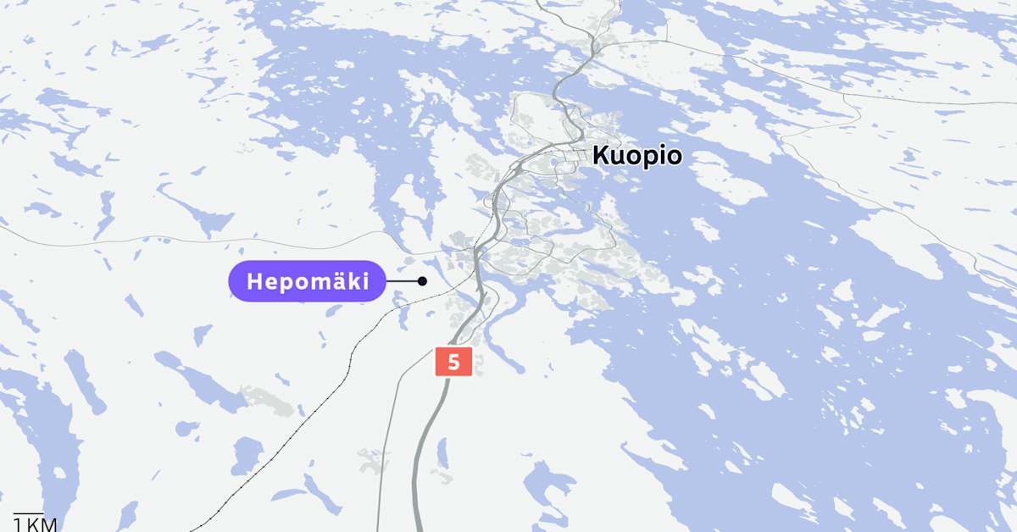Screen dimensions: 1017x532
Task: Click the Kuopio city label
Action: (x=636, y=156)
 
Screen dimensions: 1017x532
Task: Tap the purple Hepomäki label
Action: (x=308, y=281)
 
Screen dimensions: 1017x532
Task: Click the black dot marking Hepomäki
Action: (x=422, y=281)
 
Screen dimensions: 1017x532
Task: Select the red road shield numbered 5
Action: (x=453, y=362)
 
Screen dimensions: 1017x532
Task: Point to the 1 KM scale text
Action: (x=36, y=524)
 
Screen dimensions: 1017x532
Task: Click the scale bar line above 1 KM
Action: (x=28, y=513)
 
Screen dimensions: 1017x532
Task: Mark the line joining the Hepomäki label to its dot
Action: (x=403, y=281)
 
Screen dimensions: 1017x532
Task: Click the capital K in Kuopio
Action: (x=600, y=156)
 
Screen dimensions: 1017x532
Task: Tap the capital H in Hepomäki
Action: (x=254, y=282)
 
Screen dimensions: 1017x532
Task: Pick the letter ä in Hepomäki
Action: (x=337, y=281)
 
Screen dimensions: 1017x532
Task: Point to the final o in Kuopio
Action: (x=673, y=157)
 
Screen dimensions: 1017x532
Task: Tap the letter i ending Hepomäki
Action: (x=365, y=281)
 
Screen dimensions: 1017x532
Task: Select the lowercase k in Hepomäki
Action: (x=353, y=281)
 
